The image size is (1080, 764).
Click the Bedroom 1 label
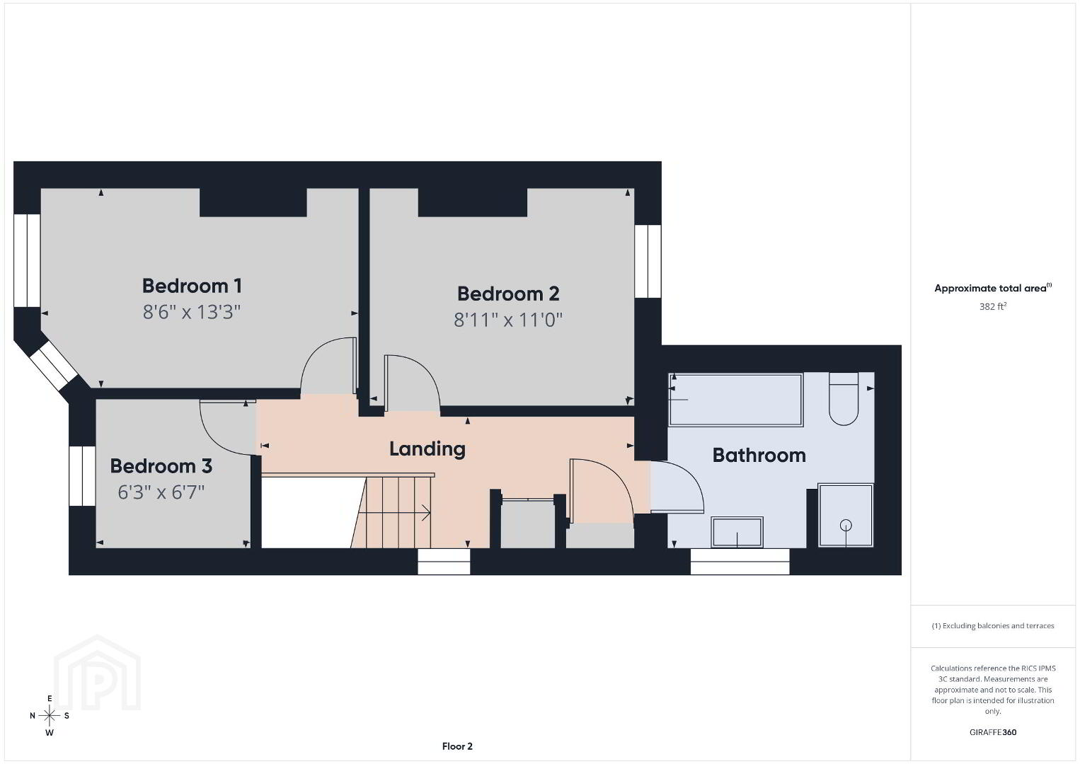point(192,286)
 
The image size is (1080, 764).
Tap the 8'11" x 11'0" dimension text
point(508,320)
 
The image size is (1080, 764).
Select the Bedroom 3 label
point(161,466)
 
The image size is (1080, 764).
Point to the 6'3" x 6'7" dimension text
point(161,492)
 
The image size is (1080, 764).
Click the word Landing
point(427,449)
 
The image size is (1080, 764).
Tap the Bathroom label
point(759,456)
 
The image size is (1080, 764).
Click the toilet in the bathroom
point(844,399)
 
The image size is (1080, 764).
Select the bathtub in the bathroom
point(736,400)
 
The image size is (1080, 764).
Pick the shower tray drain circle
point(846,525)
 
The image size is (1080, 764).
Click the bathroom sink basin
point(737,532)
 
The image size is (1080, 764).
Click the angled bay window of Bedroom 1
point(53,365)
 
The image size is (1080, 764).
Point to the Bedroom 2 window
point(648,261)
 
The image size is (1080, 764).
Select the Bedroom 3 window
point(82,476)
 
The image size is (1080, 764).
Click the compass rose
point(49,716)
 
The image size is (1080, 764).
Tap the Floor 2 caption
point(457,746)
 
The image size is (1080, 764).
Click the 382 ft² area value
point(993,306)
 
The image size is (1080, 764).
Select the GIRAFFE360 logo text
point(993,732)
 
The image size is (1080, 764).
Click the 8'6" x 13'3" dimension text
point(191,312)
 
